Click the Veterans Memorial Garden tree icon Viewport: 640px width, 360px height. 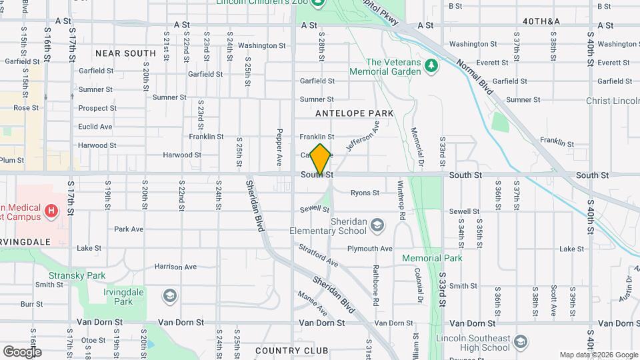pos(432,65)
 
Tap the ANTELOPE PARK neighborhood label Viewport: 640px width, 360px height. pos(355,113)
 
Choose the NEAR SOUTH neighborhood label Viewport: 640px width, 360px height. pos(125,53)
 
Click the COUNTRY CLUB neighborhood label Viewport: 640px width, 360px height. pos(292,351)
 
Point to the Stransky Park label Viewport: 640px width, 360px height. pos(77,275)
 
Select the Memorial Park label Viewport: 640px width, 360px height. pos(432,258)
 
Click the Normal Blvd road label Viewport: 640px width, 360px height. pos(477,77)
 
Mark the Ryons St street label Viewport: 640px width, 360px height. pos(365,193)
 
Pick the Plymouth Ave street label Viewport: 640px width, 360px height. pos(369,249)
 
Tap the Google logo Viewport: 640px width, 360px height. pos(21,351)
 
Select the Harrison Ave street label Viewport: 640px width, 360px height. pos(175,267)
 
